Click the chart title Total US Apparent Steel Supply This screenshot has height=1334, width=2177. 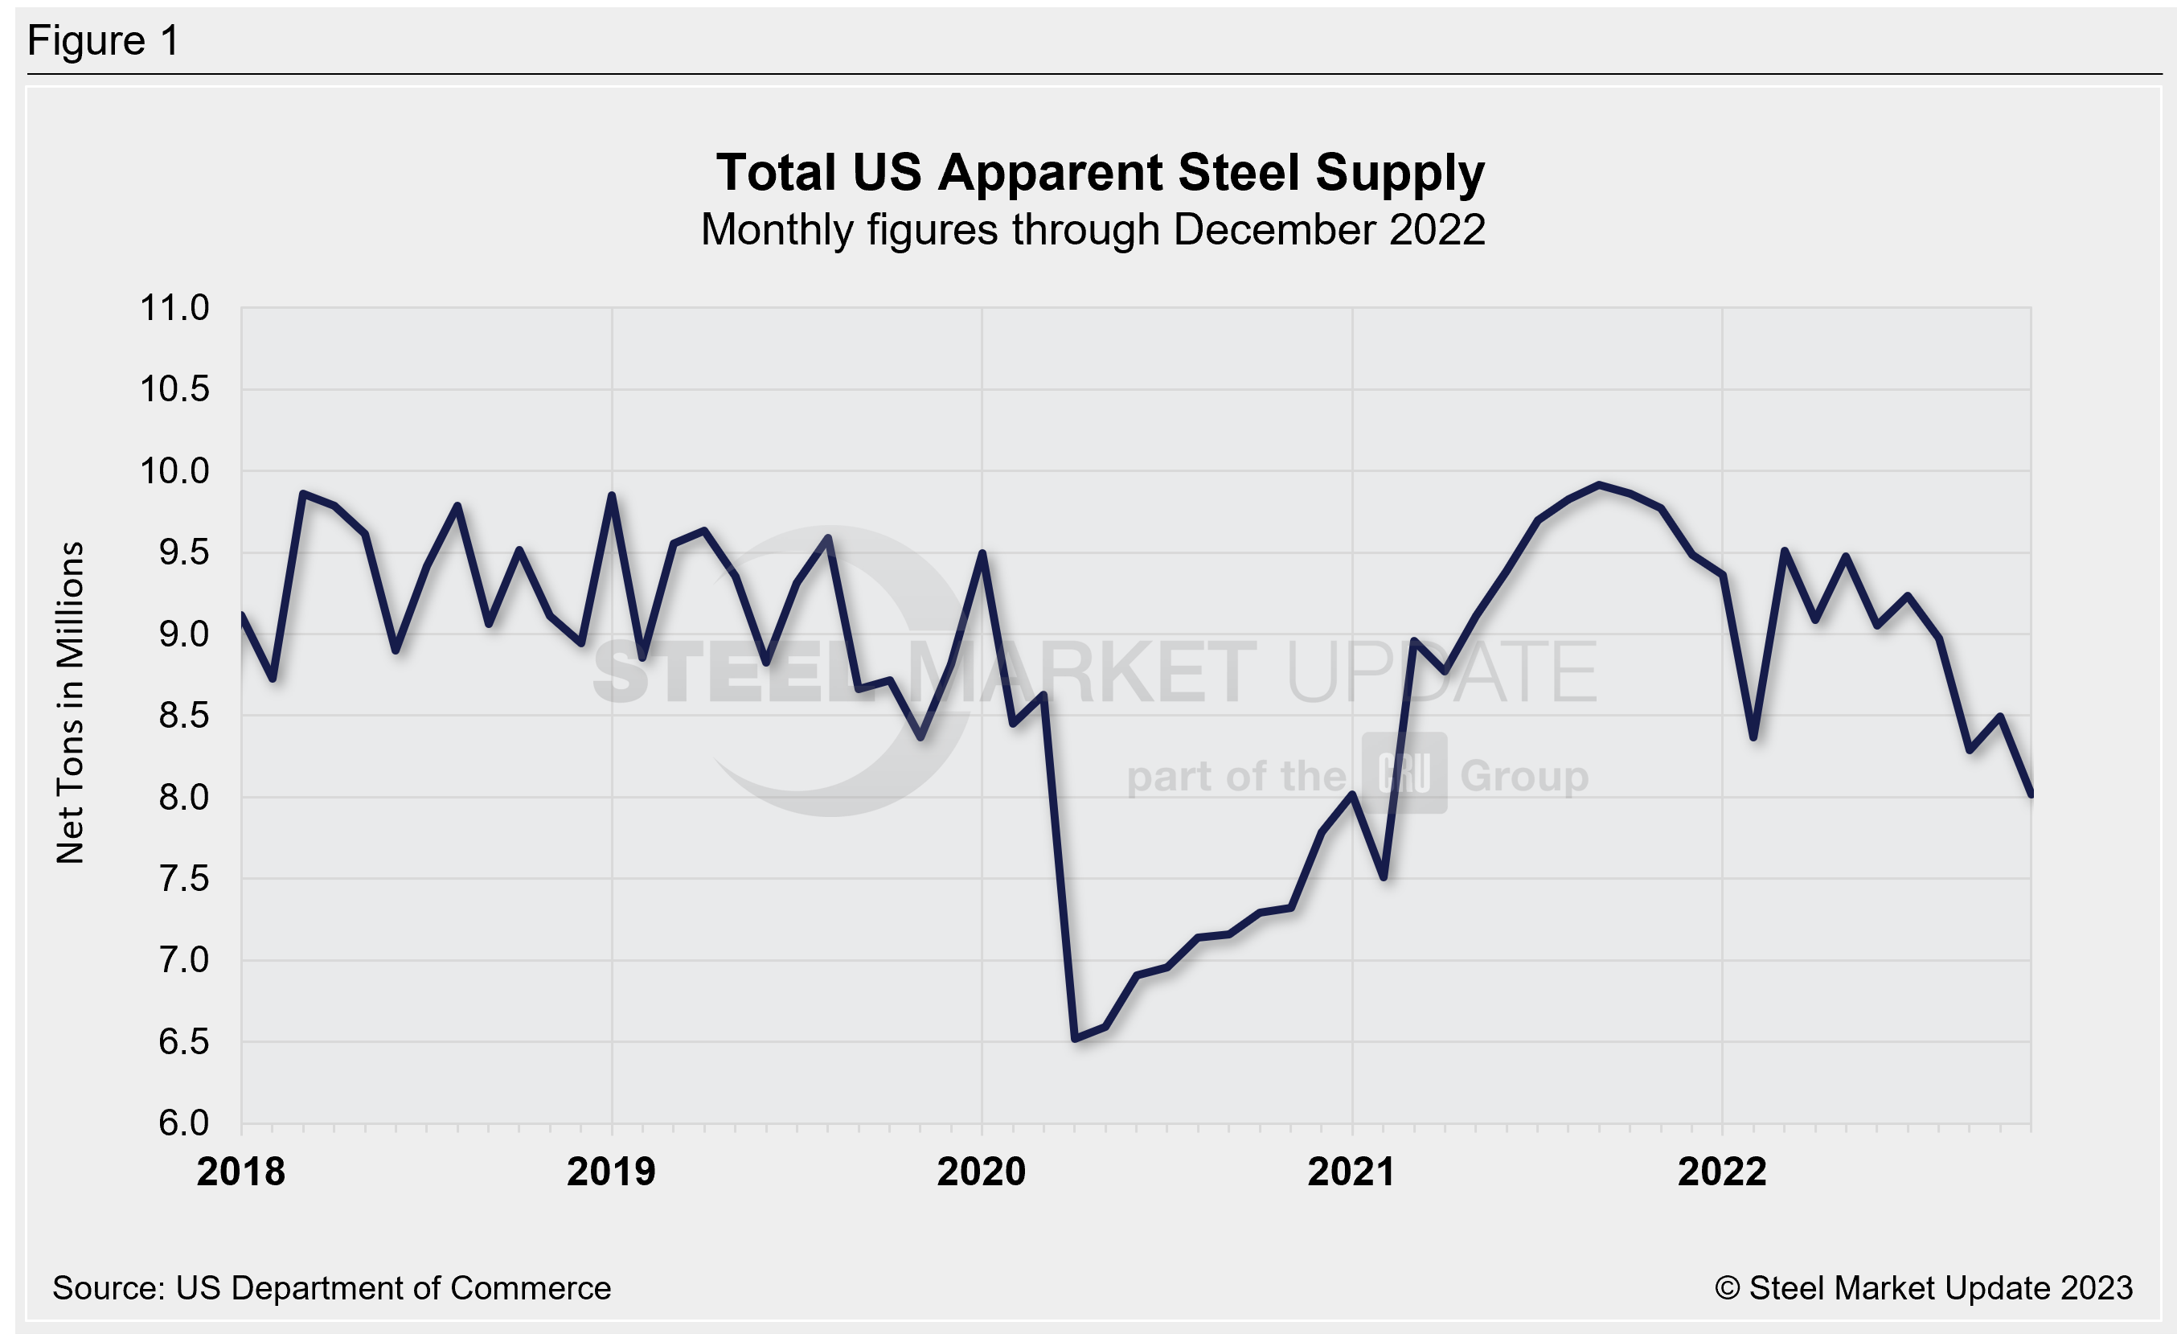[x=1100, y=172]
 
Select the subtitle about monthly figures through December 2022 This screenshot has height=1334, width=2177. [x=1093, y=231]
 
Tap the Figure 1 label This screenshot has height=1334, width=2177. [x=104, y=41]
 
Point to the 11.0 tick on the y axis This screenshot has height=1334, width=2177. [x=175, y=308]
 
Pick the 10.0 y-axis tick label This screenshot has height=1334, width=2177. [x=175, y=471]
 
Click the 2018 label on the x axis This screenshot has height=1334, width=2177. [x=241, y=1172]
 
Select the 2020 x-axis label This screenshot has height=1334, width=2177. [x=982, y=1172]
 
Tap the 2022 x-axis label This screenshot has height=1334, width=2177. [x=1722, y=1172]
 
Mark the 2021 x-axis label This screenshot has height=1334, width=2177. [x=1352, y=1172]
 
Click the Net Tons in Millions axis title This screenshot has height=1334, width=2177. [x=70, y=702]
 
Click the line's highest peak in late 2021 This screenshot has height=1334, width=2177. [x=1598, y=485]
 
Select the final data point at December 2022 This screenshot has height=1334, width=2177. [x=2031, y=794]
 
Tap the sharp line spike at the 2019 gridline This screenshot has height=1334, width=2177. [x=612, y=495]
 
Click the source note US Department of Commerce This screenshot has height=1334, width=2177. [x=331, y=1288]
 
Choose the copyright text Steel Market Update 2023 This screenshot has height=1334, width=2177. [x=1925, y=1288]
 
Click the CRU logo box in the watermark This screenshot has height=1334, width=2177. [x=1404, y=774]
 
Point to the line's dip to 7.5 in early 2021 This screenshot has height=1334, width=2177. [x=1384, y=877]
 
